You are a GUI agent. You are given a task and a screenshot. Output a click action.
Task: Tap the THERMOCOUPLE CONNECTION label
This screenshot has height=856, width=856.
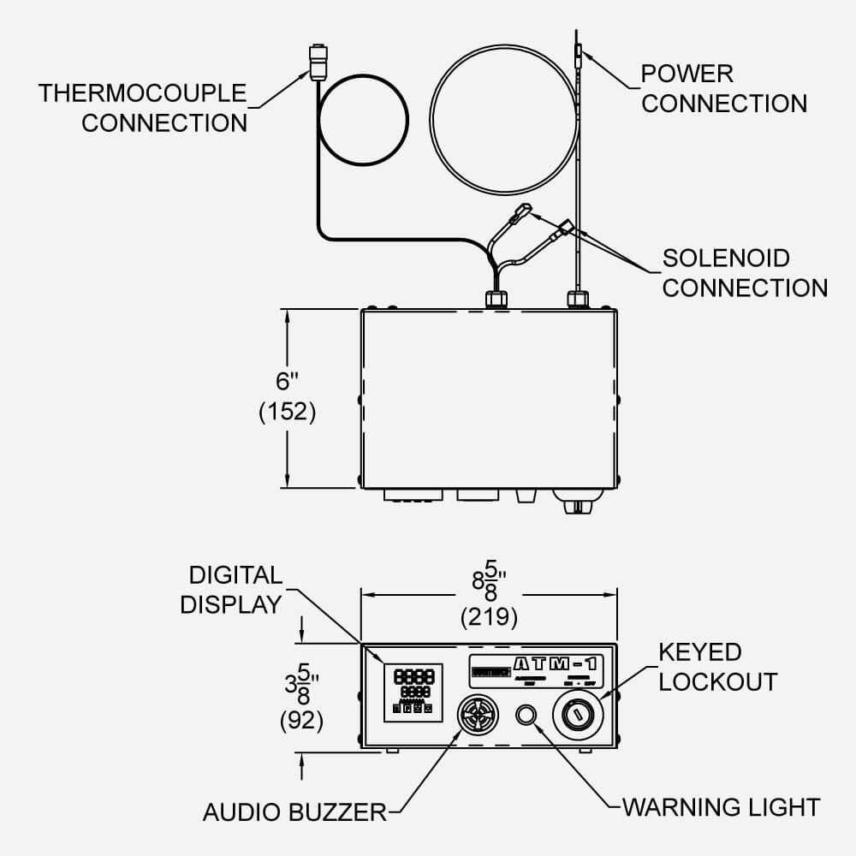142,107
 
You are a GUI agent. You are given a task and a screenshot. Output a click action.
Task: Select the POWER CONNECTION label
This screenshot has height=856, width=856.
723,88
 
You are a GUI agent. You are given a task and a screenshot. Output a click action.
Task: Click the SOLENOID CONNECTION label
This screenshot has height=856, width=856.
744,272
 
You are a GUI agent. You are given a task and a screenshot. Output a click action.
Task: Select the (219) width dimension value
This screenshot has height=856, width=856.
489,615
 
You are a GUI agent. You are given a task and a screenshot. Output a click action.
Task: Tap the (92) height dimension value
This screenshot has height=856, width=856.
301,721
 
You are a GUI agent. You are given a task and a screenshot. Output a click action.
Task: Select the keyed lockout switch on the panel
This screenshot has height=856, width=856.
579,712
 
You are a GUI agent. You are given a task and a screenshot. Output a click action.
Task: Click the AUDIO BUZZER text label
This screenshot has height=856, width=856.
294,811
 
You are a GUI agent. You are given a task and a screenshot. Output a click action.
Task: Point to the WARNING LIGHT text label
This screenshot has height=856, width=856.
721,807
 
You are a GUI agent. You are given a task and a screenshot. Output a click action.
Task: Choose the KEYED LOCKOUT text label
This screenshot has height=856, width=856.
717,667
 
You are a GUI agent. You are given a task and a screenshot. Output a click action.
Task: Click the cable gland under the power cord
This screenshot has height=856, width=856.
578,300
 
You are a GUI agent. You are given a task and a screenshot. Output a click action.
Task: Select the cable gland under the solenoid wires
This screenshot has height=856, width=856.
496,299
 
